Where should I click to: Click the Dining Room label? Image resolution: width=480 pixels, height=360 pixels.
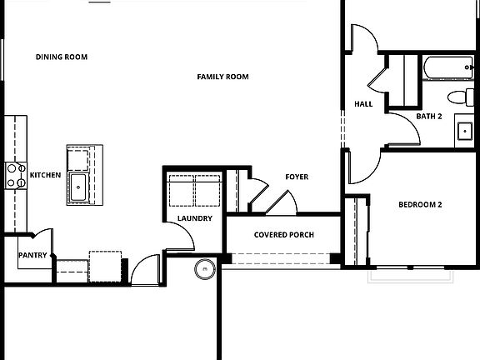coord(62,57)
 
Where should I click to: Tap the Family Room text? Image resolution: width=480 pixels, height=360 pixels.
coord(222,77)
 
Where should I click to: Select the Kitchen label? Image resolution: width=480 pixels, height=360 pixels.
coord(45,175)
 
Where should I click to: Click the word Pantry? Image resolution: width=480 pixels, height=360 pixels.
coord(32,256)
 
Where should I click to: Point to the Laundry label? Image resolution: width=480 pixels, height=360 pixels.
coord(194,219)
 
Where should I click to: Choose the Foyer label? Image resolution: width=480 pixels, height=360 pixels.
coord(297,177)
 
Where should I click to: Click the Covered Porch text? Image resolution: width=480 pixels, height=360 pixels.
coord(284,235)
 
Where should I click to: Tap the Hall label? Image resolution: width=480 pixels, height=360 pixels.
coord(363,104)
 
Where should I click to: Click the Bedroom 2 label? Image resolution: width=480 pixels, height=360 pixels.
coord(419,205)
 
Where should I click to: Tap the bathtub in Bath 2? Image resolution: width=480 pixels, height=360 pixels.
coord(448,67)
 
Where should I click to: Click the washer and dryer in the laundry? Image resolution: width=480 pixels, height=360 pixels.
coord(194,191)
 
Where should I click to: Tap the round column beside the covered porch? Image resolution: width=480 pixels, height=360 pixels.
coord(204,268)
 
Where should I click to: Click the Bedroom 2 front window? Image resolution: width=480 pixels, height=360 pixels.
coord(410,269)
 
